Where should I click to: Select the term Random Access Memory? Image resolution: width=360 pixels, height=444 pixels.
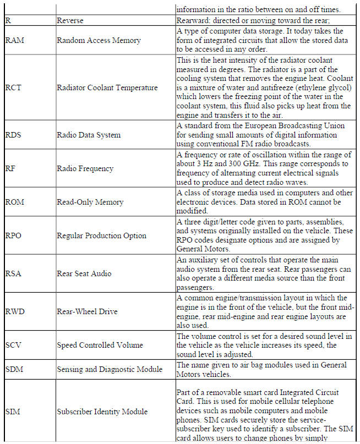coord(99,40)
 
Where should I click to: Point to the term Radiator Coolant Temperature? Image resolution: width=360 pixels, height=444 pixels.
coord(107,88)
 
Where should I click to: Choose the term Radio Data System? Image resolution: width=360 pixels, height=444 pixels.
coord(89,135)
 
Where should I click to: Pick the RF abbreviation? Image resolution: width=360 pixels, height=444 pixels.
coord(10,169)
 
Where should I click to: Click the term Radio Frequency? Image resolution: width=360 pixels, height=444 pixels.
coord(85,169)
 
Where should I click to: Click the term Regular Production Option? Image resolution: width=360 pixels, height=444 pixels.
coord(101,235)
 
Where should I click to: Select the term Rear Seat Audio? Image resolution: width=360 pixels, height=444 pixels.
coord(84,273)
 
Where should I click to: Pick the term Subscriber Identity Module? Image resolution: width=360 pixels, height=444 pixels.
coord(102,412)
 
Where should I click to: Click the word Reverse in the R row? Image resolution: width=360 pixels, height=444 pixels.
coord(70,20)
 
